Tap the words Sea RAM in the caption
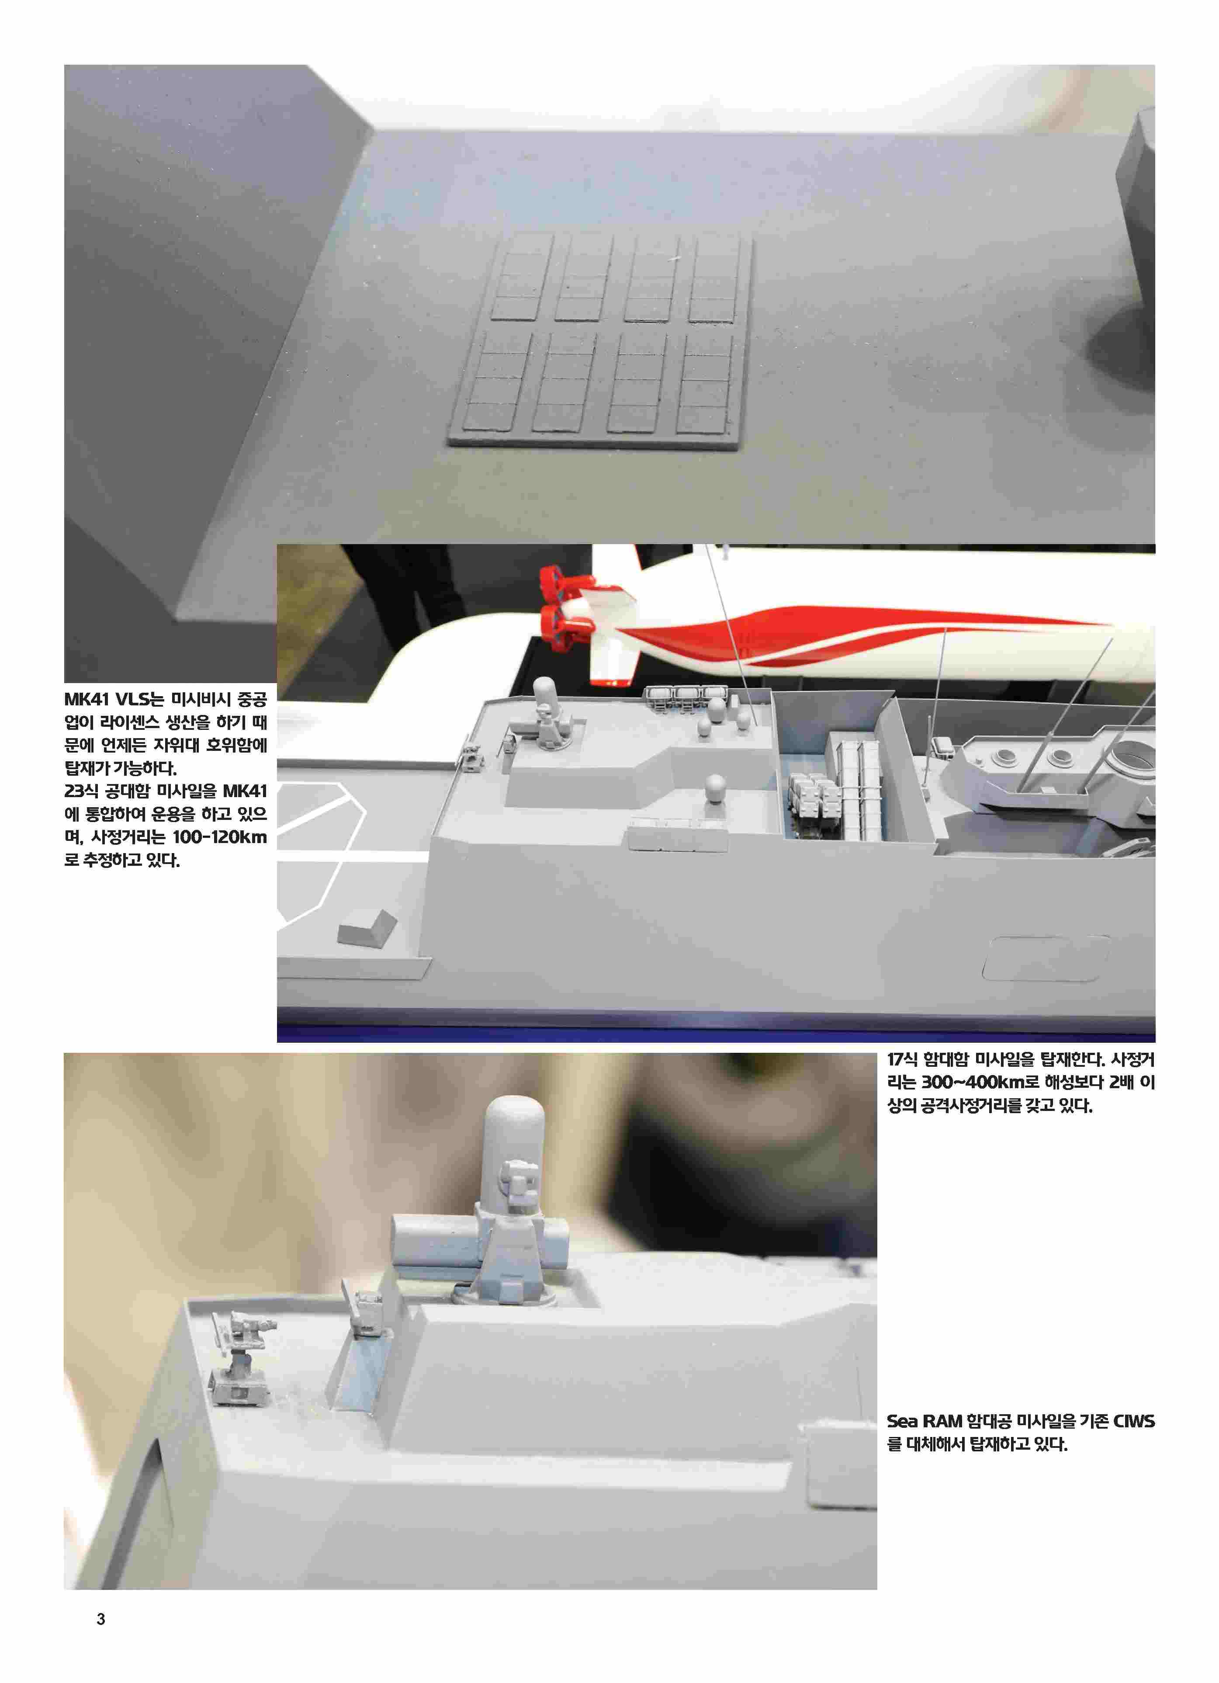(x=925, y=1421)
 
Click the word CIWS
(x=1134, y=1421)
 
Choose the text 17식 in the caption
(x=903, y=1060)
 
